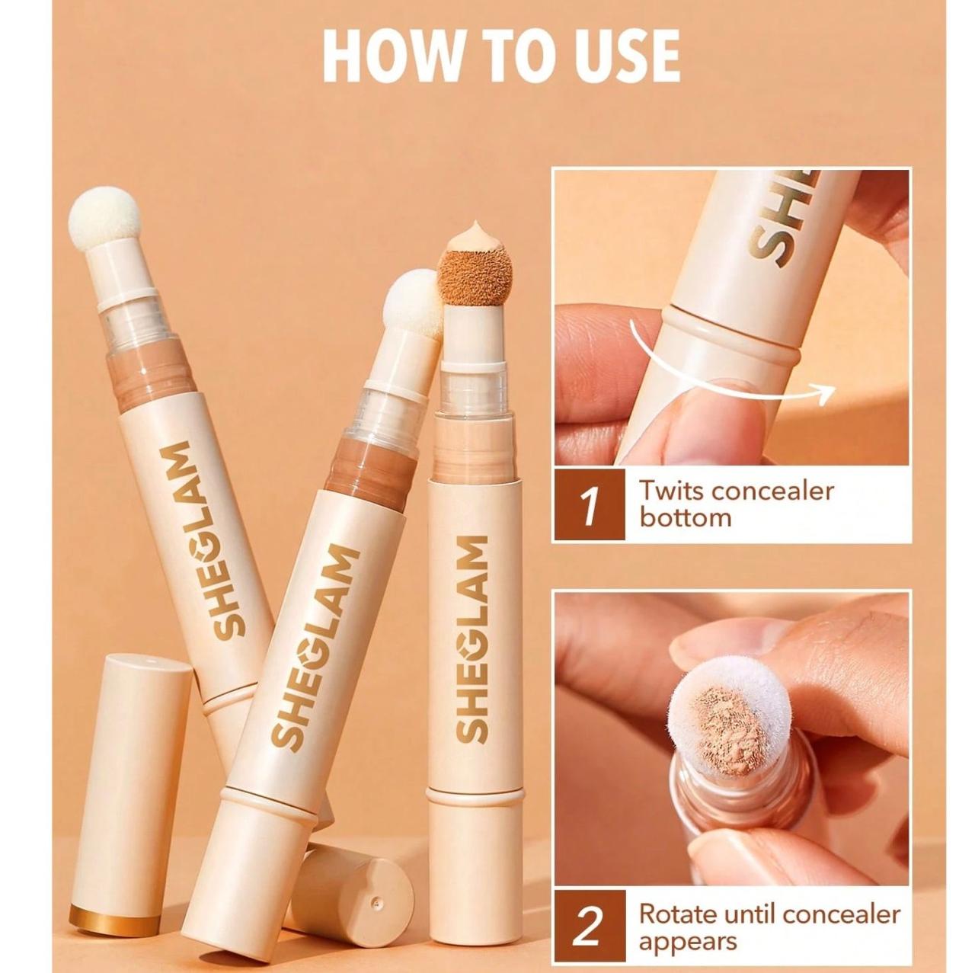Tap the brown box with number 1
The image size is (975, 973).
click(590, 504)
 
